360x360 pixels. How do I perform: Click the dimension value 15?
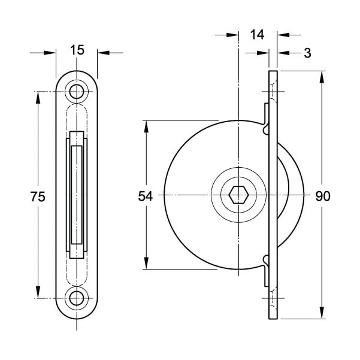point(77,50)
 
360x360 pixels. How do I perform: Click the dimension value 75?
point(38,196)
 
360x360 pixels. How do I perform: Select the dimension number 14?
point(257,35)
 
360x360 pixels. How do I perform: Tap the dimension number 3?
point(307,53)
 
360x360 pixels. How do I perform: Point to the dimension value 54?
point(145,196)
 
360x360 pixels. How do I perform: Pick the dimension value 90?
point(323,196)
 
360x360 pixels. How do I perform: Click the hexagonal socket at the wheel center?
point(238,195)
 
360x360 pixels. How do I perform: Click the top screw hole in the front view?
point(77,92)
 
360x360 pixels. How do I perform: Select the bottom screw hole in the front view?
point(77,298)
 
